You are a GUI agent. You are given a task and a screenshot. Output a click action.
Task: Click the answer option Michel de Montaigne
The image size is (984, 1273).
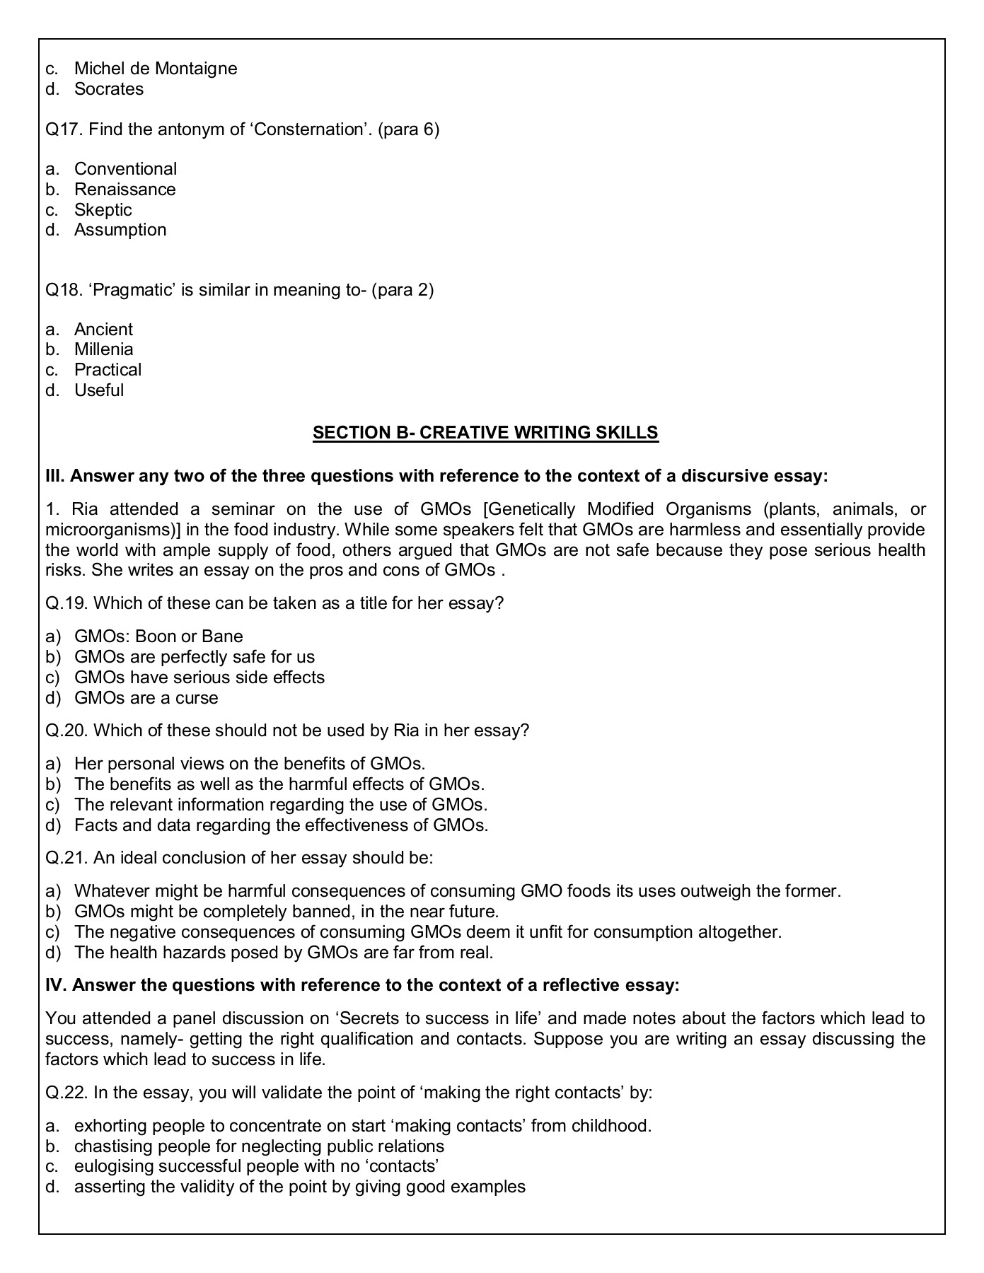pyautogui.click(x=155, y=69)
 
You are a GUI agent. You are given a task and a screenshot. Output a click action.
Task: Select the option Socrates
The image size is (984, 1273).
pyautogui.click(x=108, y=89)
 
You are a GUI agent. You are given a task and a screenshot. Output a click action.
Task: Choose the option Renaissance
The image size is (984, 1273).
pyautogui.click(x=125, y=190)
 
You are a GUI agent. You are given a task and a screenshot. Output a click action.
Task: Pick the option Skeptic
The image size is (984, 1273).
pyautogui.click(x=103, y=210)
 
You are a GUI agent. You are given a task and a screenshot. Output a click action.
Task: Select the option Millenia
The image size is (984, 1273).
pyautogui.click(x=103, y=349)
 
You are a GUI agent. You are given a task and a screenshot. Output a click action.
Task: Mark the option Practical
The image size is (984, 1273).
pyautogui.click(x=108, y=370)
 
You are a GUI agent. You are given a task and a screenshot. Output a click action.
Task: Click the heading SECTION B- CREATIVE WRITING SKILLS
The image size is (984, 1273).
pyautogui.click(x=485, y=433)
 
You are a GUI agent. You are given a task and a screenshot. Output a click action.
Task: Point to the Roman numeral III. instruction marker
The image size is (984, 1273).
pyautogui.click(x=54, y=476)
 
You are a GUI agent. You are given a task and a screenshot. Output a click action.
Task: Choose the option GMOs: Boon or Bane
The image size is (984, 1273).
pyautogui.click(x=158, y=636)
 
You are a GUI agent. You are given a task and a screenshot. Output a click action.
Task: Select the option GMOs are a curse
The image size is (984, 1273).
pyautogui.click(x=146, y=698)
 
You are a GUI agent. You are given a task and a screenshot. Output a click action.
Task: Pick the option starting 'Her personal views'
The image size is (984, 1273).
pyautogui.click(x=249, y=764)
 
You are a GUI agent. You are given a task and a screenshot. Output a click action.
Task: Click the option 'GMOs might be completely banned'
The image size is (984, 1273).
pyautogui.click(x=286, y=912)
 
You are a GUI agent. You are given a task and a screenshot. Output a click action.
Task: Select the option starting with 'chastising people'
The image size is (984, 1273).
pyautogui.click(x=259, y=1146)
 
